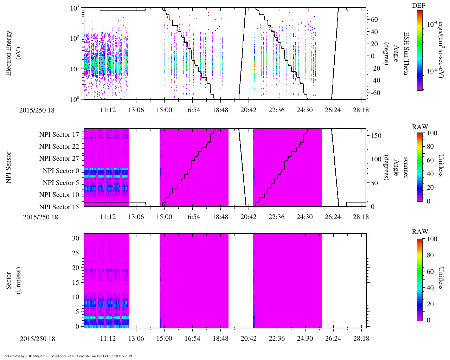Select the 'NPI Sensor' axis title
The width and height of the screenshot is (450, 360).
pos(8,167)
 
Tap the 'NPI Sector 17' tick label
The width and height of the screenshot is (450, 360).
pos(59,135)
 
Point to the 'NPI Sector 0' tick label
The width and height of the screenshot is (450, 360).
pos(61,171)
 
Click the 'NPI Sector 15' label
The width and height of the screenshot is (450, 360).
pos(59,207)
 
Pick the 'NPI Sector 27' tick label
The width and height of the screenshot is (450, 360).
pos(59,159)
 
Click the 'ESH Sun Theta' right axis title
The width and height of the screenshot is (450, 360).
pos(406,53)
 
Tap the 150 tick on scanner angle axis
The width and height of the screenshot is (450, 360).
pos(376,135)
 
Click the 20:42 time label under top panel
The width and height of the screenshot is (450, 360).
pos(248,110)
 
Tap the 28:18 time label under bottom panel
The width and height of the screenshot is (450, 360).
pos(361,338)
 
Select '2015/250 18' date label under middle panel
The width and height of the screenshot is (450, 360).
pos(40,217)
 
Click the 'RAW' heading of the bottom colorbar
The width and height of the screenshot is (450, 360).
pos(420,232)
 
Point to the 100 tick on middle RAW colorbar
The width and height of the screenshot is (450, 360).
pos(432,133)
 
